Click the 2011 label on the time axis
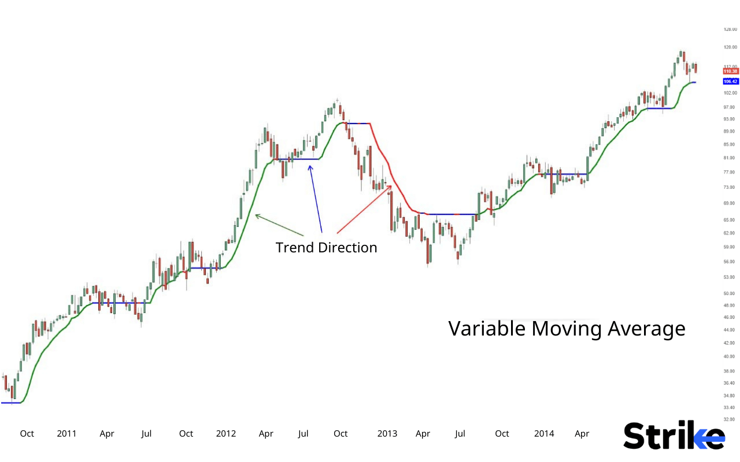point(67,434)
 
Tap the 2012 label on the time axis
point(226,434)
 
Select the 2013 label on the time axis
point(387,434)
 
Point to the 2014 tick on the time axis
point(544,434)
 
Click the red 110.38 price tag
point(731,71)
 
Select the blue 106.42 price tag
point(731,81)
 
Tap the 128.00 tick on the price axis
point(731,29)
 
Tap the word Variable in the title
point(487,329)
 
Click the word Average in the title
point(646,329)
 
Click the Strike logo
point(674,435)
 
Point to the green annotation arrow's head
point(256,215)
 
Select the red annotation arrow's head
point(391,185)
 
